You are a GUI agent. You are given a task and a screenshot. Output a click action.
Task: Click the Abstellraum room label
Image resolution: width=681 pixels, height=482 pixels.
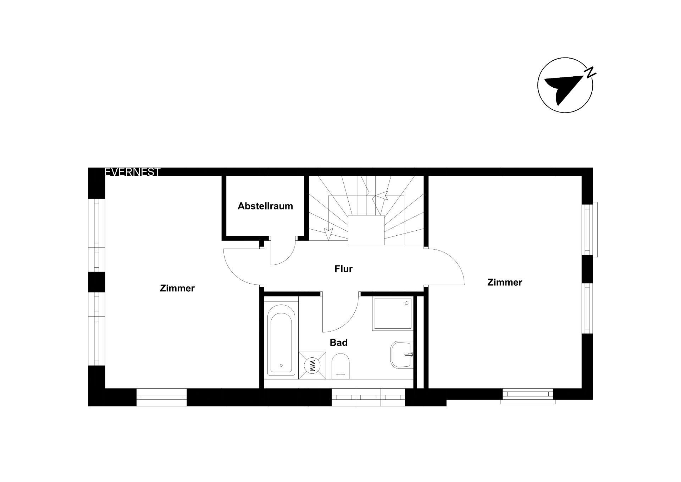(x=265, y=206)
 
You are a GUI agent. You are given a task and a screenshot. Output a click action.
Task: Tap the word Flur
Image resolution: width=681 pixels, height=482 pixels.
(x=343, y=269)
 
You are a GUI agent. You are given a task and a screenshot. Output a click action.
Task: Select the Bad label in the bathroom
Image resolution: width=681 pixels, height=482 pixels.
(x=339, y=343)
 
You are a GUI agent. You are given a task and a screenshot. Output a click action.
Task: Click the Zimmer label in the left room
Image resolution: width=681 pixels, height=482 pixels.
(x=177, y=288)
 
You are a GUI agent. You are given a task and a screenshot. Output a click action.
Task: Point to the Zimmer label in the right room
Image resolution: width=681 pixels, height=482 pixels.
(x=505, y=283)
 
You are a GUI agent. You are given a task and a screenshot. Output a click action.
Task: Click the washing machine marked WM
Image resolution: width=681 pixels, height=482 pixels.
(x=312, y=366)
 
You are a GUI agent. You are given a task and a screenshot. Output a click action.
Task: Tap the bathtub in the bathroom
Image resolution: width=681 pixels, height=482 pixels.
(x=281, y=340)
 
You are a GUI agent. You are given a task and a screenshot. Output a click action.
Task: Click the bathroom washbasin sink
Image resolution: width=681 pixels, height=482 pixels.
(x=402, y=355)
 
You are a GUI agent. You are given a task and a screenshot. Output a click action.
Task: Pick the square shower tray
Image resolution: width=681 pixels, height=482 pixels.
(x=393, y=314)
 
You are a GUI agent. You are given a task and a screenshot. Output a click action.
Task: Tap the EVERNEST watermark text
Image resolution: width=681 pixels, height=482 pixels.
(x=133, y=172)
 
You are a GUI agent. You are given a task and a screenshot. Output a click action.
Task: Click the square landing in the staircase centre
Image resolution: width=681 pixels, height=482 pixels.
(x=366, y=230)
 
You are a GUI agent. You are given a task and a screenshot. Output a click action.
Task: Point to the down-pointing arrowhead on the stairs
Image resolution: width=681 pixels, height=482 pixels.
(x=329, y=234)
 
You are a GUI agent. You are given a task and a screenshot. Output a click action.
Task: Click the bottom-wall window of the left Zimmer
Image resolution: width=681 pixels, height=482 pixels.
(x=162, y=398)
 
